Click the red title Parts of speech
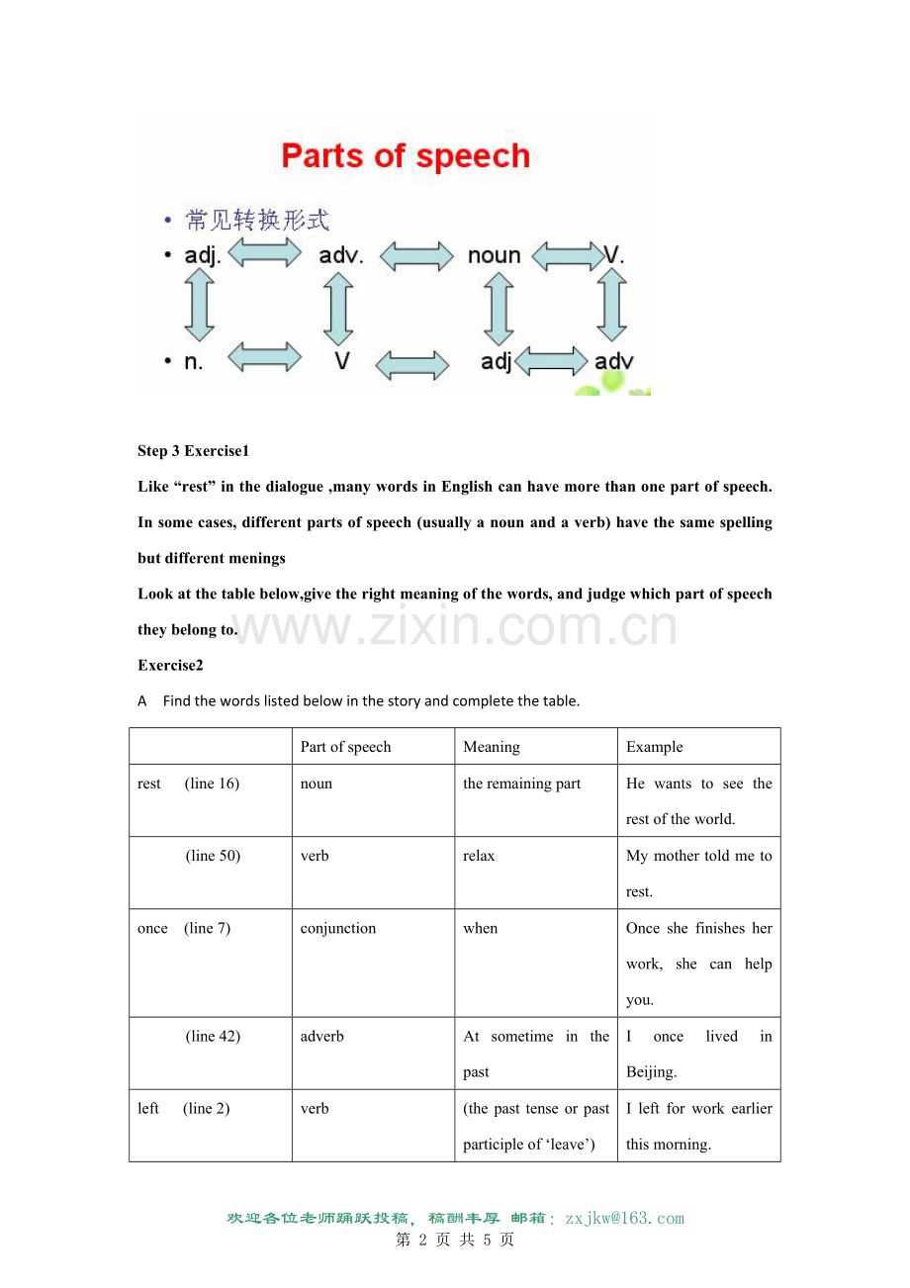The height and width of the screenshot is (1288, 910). [x=406, y=156]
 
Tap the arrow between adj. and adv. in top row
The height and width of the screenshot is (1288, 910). [x=265, y=254]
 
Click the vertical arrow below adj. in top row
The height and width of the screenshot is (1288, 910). [x=201, y=307]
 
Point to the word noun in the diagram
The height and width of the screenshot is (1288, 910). [x=494, y=256]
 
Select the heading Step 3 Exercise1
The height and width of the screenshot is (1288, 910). [x=194, y=451]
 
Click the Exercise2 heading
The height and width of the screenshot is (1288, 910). [x=170, y=665]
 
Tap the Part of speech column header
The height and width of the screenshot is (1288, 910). [x=346, y=747]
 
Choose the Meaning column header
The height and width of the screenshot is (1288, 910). [x=492, y=747]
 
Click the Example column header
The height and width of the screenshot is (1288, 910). [x=655, y=747]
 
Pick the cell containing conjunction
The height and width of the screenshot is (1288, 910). [x=338, y=928]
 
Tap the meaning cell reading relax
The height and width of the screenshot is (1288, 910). [x=479, y=856]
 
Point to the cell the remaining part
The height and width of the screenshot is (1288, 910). [x=522, y=783]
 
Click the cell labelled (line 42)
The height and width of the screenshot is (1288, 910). [x=213, y=1036]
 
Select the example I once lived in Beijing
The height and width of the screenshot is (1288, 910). [x=698, y=1054]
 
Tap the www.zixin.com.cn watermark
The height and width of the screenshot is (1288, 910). [x=455, y=627]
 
